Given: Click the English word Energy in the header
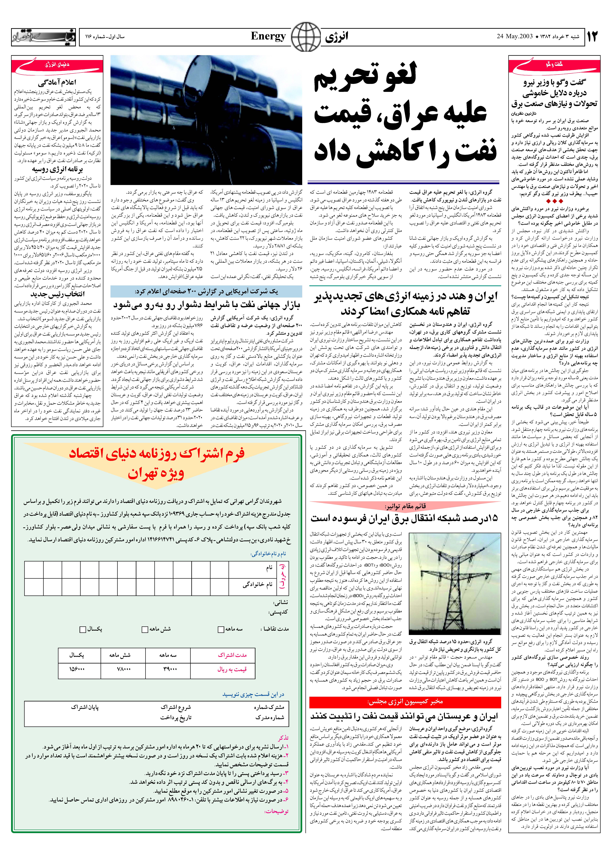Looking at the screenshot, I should click(268, 36).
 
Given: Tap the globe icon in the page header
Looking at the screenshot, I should click(306, 36).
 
